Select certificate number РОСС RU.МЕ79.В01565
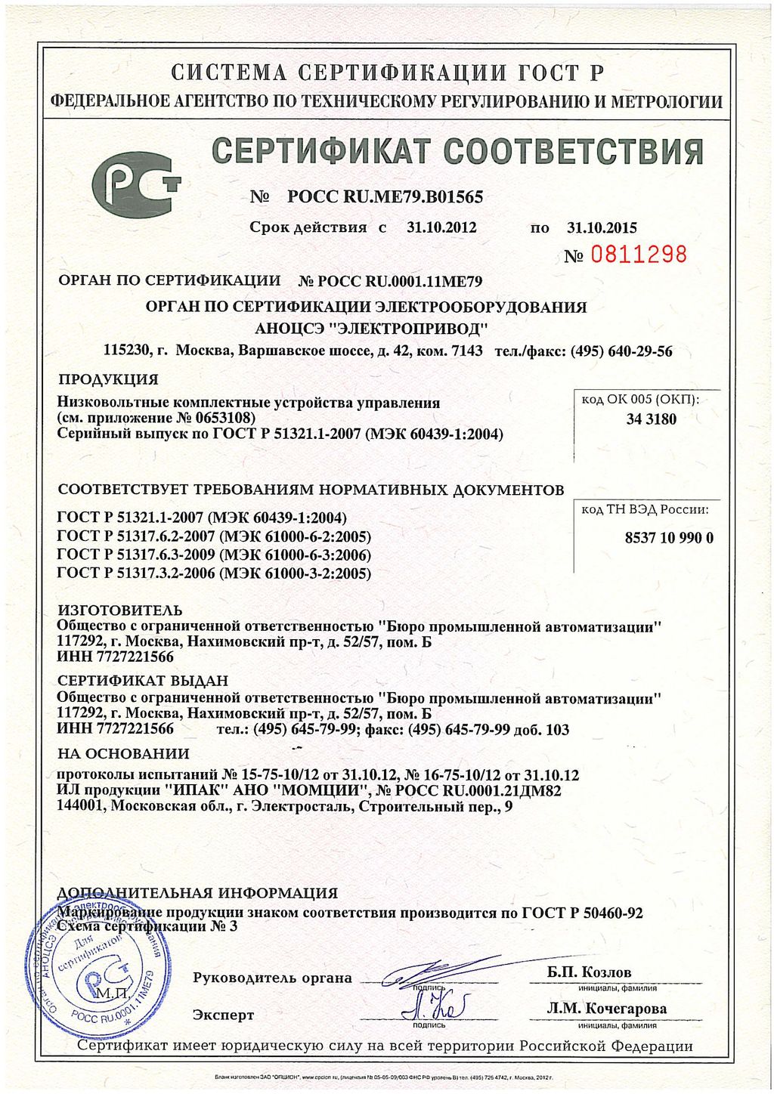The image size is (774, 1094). pos(385,197)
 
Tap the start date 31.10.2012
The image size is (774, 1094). pos(441,227)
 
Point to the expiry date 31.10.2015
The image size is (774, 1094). pos(602,227)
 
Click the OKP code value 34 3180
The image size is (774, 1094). pos(651,419)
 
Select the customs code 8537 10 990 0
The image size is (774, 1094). pos(669,538)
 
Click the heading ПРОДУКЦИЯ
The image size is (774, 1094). pos(108,379)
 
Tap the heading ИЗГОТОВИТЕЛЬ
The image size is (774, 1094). pos(120,610)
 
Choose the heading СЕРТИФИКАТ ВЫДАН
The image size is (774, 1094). pos(143,681)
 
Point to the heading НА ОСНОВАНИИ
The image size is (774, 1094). pos(123,753)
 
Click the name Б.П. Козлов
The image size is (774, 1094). pos(589,972)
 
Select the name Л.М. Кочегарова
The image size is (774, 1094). pos(606,1009)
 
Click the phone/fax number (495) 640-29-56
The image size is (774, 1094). pos(621,351)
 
